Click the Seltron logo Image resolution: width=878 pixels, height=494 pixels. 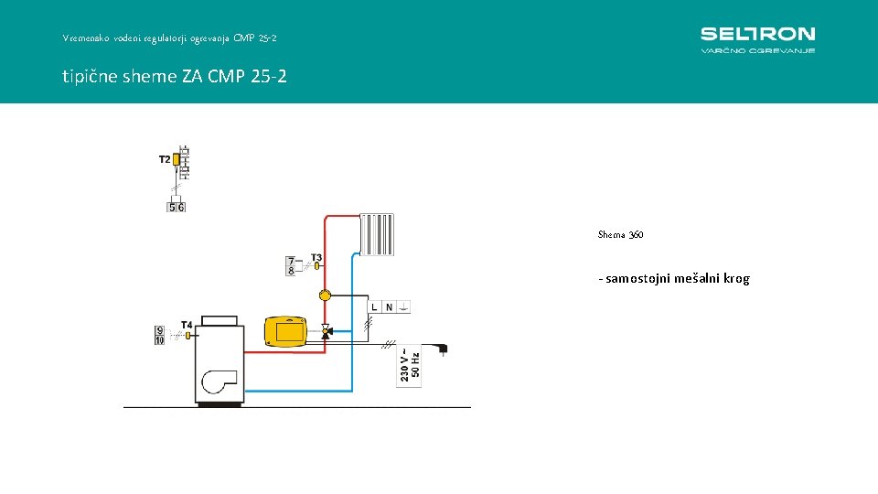point(757,38)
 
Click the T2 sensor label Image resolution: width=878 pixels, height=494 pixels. point(165,159)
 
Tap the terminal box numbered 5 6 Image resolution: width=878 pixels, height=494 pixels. point(177,207)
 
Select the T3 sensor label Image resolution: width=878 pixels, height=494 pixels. point(316,257)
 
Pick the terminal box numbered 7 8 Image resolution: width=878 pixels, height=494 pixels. point(291,266)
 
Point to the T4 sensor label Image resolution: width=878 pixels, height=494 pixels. point(186,325)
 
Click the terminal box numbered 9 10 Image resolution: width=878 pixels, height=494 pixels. point(159,336)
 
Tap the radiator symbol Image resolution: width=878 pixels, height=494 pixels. point(378,234)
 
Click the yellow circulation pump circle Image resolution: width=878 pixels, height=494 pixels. point(325,295)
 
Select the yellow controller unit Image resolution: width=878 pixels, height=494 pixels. point(285,330)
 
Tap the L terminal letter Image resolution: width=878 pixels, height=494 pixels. point(375,307)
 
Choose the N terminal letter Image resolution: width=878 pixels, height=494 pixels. point(389,307)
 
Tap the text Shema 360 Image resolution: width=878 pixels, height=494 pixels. point(620,235)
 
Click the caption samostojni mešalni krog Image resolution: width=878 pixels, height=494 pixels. point(674,278)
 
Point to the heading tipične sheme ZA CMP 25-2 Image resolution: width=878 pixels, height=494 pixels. point(175,76)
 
